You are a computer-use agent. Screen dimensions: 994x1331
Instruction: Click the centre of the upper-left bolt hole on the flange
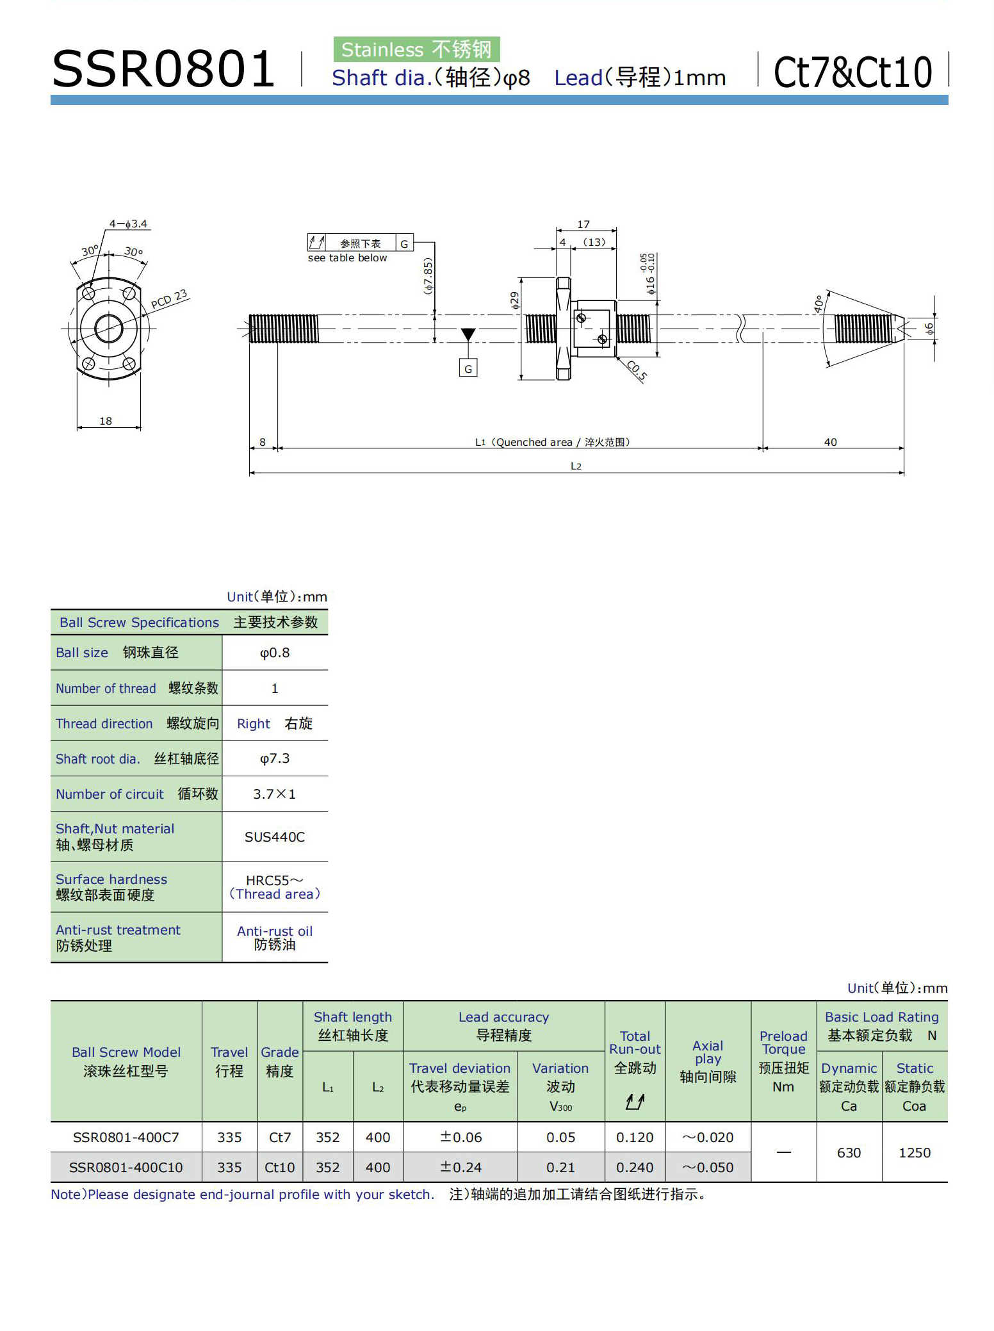coord(88,295)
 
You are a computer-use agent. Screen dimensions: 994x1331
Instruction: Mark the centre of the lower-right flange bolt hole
coord(129,364)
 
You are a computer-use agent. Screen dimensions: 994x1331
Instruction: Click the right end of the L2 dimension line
coord(904,473)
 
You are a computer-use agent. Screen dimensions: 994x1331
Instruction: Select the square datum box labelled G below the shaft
coord(468,368)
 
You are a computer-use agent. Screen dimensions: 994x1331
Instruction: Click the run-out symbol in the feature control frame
coord(316,243)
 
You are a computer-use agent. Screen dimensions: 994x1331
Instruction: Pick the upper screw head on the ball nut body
coord(581,318)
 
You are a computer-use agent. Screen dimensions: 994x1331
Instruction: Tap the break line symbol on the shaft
coord(742,328)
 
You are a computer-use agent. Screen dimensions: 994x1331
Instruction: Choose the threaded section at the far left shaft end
coord(284,329)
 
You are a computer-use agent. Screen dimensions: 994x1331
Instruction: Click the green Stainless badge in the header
coord(416,49)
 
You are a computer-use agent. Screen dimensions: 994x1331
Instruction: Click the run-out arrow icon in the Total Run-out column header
coord(635,1102)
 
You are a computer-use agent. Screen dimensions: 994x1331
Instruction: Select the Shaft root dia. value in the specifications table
coord(275,758)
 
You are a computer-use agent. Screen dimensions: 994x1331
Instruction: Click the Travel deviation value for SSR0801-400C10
coord(460,1167)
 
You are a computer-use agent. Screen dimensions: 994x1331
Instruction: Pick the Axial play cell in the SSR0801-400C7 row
coord(708,1137)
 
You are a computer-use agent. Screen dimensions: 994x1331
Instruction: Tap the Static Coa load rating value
coord(915,1152)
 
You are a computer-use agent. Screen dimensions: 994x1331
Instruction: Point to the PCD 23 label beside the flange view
coord(169,298)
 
